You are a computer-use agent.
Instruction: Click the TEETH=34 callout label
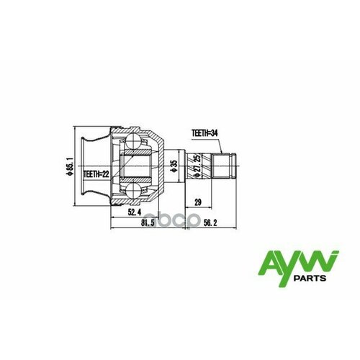coord(207,133)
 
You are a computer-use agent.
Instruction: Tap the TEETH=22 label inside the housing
coord(96,174)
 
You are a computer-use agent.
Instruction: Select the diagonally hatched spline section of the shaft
coord(210,166)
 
